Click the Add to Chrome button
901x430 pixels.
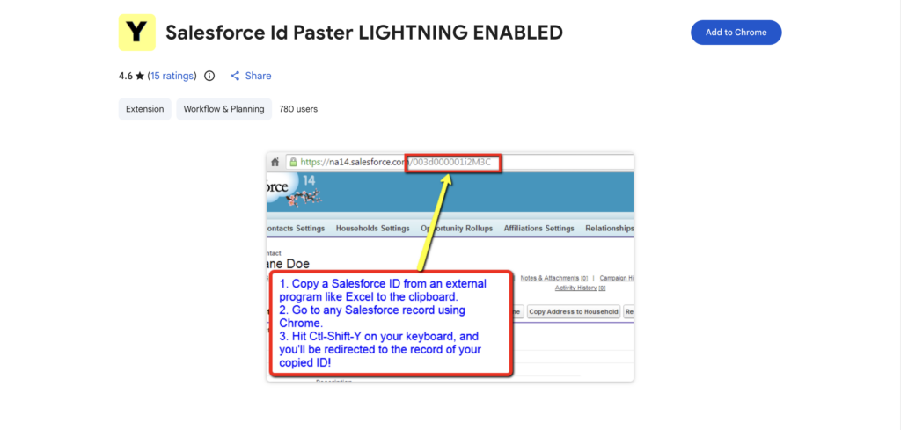coord(736,33)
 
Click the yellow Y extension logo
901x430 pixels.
coord(136,33)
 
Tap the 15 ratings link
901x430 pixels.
coord(172,76)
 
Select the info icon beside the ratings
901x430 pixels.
coord(209,76)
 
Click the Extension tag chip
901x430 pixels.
coord(145,109)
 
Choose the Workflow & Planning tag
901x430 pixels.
coord(223,109)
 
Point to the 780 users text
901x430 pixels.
coord(298,109)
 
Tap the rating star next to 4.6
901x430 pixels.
coord(141,76)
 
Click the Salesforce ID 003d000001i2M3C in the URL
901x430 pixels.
coord(454,162)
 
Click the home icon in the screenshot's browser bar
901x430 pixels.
coord(275,162)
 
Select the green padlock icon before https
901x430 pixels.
coord(292,162)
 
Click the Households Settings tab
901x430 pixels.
coord(372,228)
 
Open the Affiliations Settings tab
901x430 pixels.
coord(538,228)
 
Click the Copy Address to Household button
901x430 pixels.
coord(574,311)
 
